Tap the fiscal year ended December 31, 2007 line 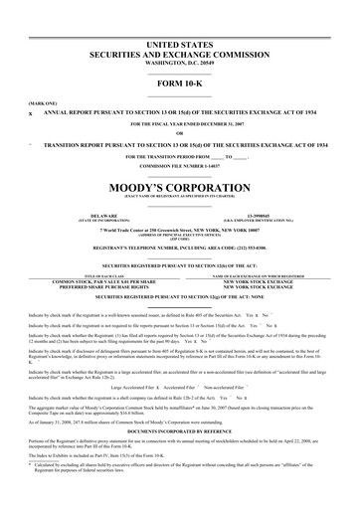[179, 123]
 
